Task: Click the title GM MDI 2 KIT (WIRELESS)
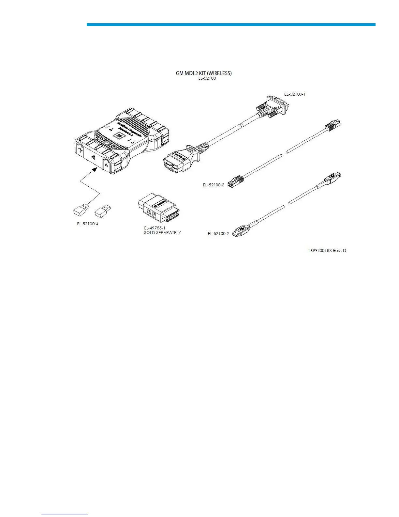(204, 73)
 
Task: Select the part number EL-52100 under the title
(207, 78)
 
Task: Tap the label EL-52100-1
(295, 94)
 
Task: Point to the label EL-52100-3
(214, 185)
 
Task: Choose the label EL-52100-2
(218, 233)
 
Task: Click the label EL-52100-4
(88, 224)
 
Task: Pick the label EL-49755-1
(155, 228)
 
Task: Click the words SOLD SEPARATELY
(162, 233)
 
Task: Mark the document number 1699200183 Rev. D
(327, 251)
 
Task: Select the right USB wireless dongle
(102, 211)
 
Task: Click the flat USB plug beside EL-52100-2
(241, 230)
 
